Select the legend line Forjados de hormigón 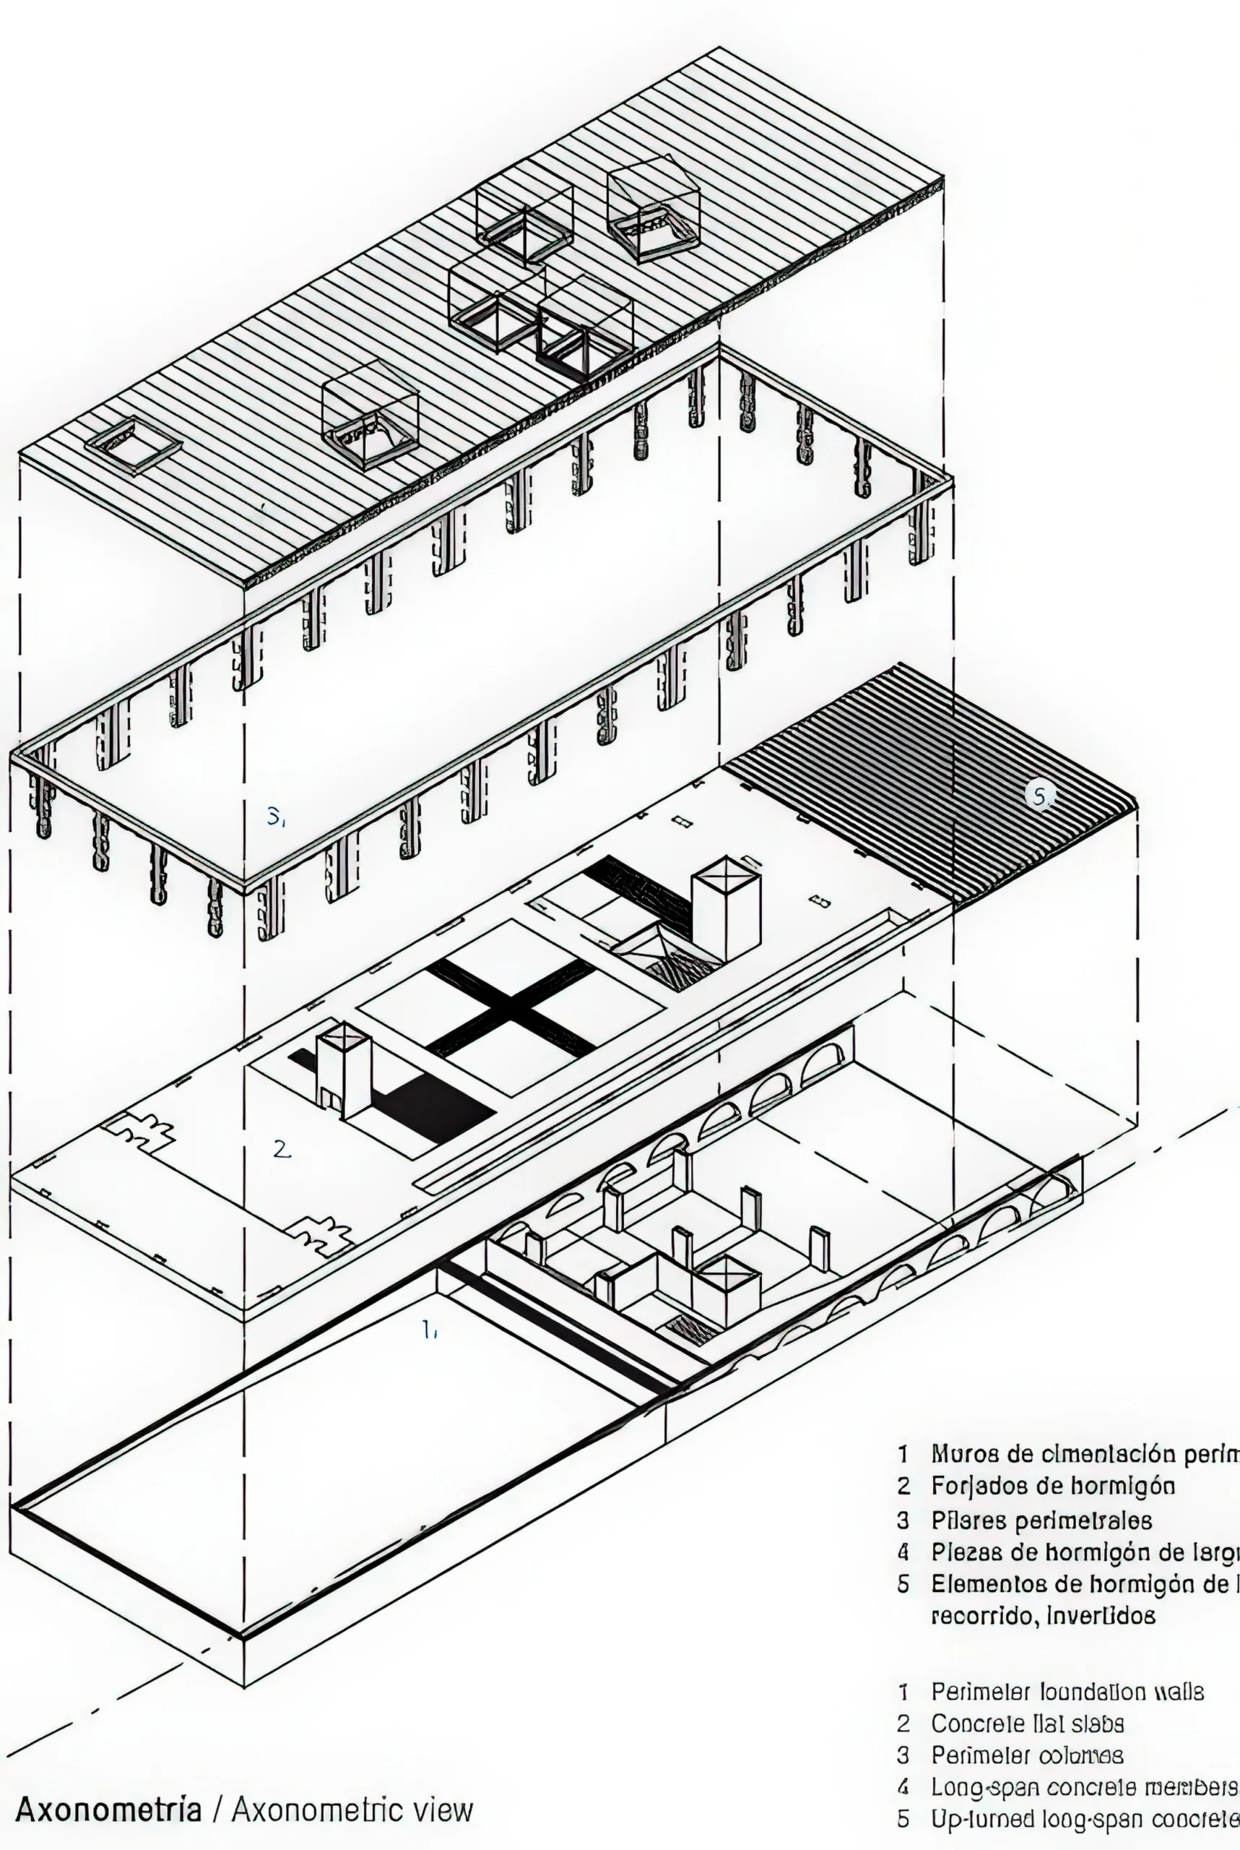click(1052, 1485)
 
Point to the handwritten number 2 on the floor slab click(282, 1149)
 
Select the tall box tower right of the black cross click(726, 909)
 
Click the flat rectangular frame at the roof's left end click(134, 444)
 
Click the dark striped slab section click(933, 783)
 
